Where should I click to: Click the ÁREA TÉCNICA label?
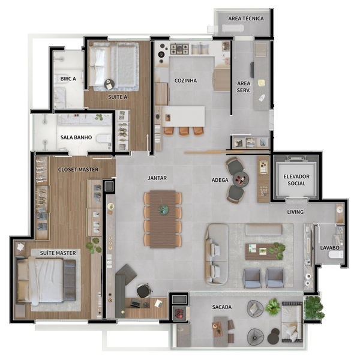(246, 19)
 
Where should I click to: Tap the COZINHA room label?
(185, 80)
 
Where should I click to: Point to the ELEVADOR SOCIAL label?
(296, 180)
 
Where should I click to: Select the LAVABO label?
(329, 248)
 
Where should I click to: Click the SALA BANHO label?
(76, 137)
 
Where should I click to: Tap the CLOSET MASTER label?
(78, 169)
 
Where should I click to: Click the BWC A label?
(68, 79)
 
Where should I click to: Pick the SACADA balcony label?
(222, 307)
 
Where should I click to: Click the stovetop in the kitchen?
(179, 49)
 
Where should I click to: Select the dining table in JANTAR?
(163, 219)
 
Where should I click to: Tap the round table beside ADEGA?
(241, 179)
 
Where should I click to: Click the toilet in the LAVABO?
(335, 254)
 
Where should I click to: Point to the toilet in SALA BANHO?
(104, 139)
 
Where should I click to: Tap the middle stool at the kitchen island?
(184, 131)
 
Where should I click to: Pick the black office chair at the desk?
(144, 290)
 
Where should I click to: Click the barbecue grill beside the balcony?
(179, 313)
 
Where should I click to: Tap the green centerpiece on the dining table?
(164, 209)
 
